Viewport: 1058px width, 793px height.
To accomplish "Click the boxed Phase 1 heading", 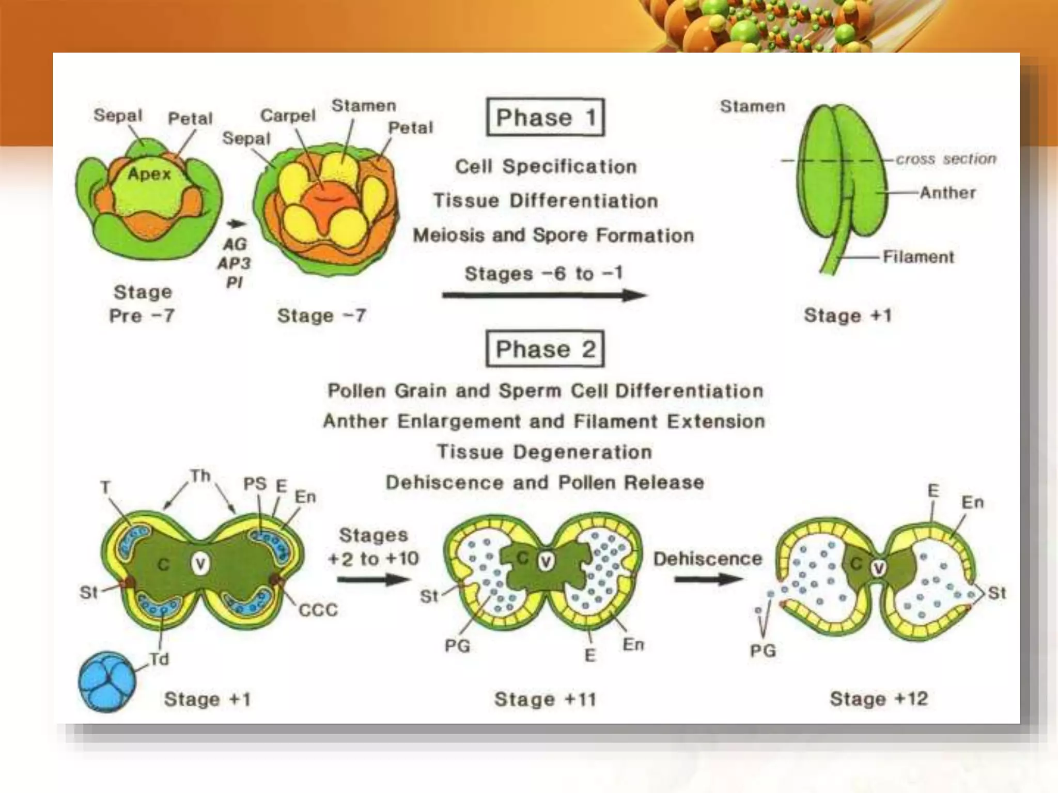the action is [x=545, y=118].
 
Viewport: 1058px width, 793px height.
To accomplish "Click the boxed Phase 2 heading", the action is [x=545, y=350].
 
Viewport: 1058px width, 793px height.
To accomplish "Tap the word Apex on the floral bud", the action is [x=149, y=174].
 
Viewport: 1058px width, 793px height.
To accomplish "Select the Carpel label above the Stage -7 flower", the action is [x=288, y=116].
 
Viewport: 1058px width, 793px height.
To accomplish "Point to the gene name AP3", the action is [x=234, y=263].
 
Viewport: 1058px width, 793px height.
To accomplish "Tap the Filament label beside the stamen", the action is [x=918, y=257].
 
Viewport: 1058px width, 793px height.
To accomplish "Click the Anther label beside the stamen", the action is [x=947, y=193].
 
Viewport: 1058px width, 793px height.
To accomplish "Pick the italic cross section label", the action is [x=945, y=159].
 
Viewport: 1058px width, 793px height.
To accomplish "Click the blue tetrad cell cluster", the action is [x=107, y=681].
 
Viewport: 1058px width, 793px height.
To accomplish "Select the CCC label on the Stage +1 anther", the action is [x=318, y=610].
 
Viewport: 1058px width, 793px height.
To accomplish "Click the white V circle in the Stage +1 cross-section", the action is [x=200, y=564].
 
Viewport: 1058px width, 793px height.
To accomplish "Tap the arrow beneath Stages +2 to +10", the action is [x=374, y=579].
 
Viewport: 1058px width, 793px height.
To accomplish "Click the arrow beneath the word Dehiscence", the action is [x=708, y=579].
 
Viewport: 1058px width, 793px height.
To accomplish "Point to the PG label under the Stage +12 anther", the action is [x=763, y=651].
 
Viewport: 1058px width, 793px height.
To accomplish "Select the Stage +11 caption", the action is [x=545, y=700].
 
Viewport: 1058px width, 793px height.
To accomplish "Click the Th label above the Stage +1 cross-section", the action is [x=200, y=475].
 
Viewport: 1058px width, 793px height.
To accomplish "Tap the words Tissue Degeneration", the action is [x=544, y=452].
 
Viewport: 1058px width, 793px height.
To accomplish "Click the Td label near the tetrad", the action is [x=159, y=659].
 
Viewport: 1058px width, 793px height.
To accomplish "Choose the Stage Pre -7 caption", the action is [x=142, y=304].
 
